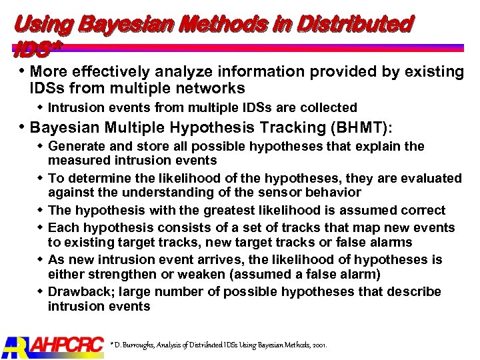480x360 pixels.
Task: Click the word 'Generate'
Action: pyautogui.click(x=76, y=146)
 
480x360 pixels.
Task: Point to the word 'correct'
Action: pyautogui.click(x=422, y=210)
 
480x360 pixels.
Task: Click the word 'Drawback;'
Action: pyautogui.click(x=79, y=291)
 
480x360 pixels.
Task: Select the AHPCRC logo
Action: pyautogui.click(x=53, y=345)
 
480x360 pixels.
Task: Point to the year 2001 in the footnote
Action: pyautogui.click(x=317, y=345)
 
